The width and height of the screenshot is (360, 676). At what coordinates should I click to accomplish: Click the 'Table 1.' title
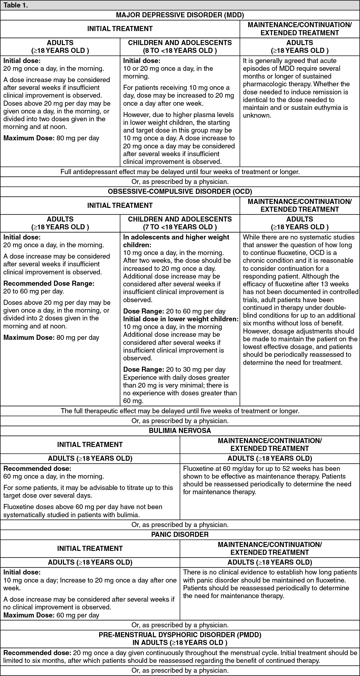coord(16,5)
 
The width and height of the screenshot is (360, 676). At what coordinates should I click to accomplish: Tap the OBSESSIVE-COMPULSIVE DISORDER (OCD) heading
coord(180,191)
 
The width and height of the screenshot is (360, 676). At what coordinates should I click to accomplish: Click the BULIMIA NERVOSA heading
coord(180,431)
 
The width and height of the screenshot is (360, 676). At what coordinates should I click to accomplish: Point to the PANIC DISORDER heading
coord(180,534)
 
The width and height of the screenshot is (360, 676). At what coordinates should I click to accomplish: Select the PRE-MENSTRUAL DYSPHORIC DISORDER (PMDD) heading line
coord(180,634)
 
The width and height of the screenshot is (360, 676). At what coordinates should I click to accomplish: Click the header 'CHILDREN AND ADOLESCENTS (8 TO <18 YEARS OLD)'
coord(180,47)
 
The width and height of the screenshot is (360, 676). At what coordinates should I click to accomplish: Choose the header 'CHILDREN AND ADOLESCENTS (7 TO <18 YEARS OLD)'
coord(180,223)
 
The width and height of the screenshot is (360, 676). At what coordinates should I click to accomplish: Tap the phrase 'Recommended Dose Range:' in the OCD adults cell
coord(49,284)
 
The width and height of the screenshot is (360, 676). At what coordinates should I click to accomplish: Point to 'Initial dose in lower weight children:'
coord(181,319)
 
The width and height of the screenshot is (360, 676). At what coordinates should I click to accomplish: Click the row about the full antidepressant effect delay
coord(180,172)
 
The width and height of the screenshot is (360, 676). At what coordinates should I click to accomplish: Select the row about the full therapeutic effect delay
coord(180,411)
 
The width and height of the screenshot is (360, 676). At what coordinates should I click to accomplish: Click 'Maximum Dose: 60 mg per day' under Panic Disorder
coord(51,615)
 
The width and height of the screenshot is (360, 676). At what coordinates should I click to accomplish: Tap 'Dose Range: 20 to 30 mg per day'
coord(174,370)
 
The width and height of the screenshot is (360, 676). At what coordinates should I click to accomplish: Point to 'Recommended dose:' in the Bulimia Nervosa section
coord(37,469)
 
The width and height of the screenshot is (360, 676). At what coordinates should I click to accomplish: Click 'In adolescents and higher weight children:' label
coord(176,241)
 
